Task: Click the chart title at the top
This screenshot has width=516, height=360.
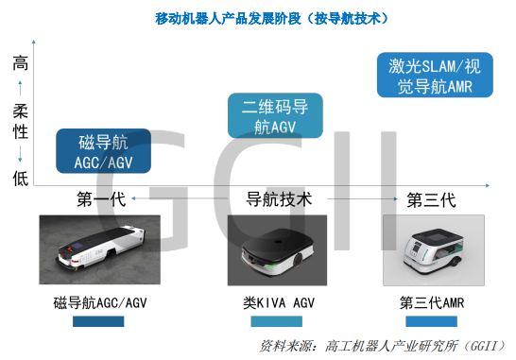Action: (x=271, y=19)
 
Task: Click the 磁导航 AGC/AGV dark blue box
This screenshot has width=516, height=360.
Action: (x=104, y=151)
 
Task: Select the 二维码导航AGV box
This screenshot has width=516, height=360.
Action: (x=275, y=115)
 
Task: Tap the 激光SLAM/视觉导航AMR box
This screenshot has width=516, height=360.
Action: (x=435, y=75)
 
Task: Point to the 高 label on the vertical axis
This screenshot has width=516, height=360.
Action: (x=21, y=63)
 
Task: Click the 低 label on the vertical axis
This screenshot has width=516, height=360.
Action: (x=21, y=179)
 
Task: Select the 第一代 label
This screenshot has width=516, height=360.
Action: (x=101, y=199)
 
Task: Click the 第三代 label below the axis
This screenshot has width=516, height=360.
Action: (x=432, y=199)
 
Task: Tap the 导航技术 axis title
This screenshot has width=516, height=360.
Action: (x=279, y=199)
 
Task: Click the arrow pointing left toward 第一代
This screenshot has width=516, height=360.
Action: (x=180, y=198)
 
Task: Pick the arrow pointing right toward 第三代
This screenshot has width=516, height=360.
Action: (x=362, y=198)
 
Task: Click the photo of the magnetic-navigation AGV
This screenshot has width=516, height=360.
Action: (x=100, y=249)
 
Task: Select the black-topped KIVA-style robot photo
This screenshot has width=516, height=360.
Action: (x=277, y=250)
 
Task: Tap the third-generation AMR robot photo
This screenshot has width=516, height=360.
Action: (x=434, y=250)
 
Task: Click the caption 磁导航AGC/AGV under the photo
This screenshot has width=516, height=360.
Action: (x=100, y=302)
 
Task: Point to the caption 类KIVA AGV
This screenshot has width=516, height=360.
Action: (x=279, y=302)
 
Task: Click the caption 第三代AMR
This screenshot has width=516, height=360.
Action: (x=432, y=302)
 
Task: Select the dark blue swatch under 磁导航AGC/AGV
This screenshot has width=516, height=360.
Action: (x=98, y=321)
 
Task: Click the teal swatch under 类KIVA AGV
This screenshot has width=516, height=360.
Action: (x=276, y=321)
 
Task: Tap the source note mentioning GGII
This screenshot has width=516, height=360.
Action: (x=383, y=346)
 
